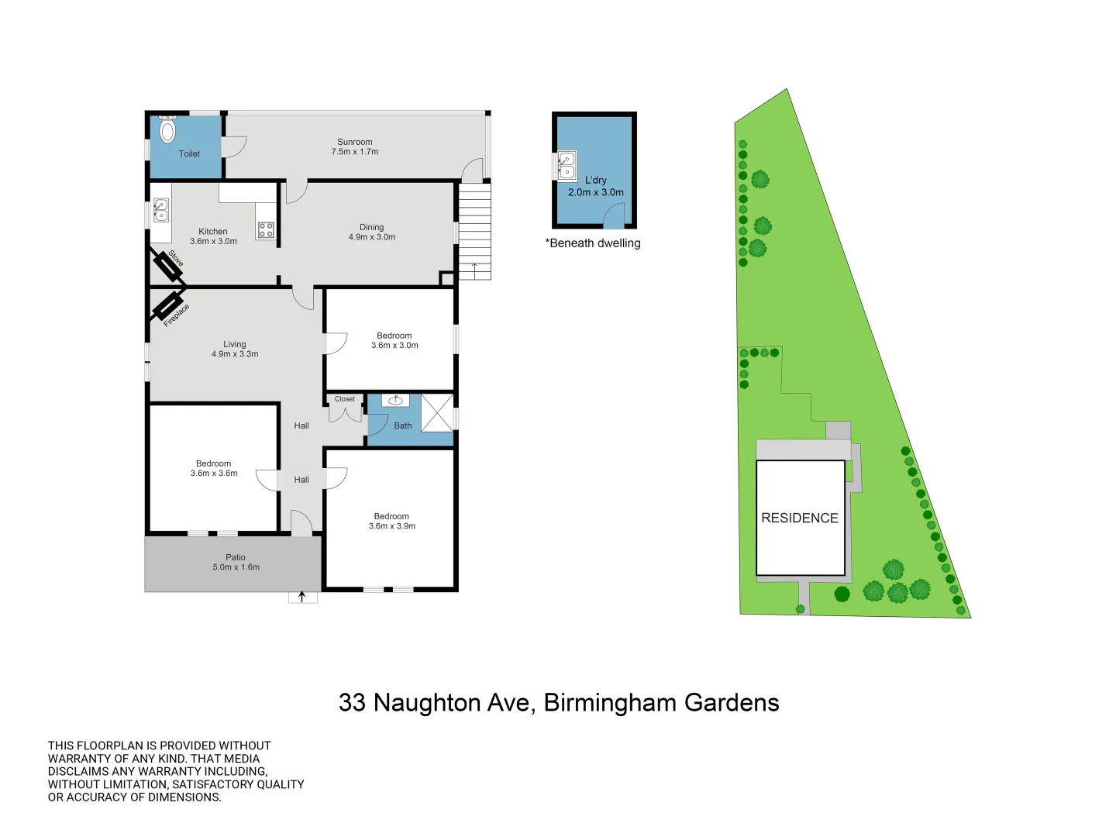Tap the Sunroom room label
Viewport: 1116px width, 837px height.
coord(355,142)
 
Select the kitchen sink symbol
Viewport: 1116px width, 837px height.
coord(160,210)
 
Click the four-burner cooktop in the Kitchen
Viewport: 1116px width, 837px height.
coord(266,229)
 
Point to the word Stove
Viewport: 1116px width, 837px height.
coord(176,259)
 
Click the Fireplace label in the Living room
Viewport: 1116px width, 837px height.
coord(177,315)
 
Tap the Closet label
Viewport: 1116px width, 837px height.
coord(345,399)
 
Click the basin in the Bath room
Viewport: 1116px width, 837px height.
coord(396,401)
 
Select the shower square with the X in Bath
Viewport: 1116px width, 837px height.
coord(437,412)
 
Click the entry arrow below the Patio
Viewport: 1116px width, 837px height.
coord(302,598)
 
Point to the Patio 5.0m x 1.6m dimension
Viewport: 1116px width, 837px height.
coord(236,567)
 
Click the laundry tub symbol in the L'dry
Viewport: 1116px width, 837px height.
coord(567,165)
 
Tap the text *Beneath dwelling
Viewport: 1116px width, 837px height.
coord(593,243)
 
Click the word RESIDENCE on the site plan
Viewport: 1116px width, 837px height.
coord(800,518)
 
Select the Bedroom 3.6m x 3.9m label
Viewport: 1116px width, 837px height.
coord(391,521)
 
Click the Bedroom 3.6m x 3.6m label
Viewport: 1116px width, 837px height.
coord(214,468)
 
